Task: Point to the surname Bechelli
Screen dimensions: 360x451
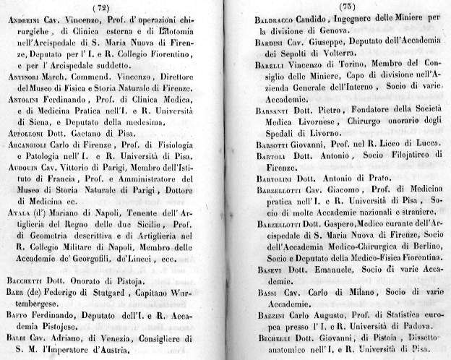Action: pyautogui.click(x=275, y=338)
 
